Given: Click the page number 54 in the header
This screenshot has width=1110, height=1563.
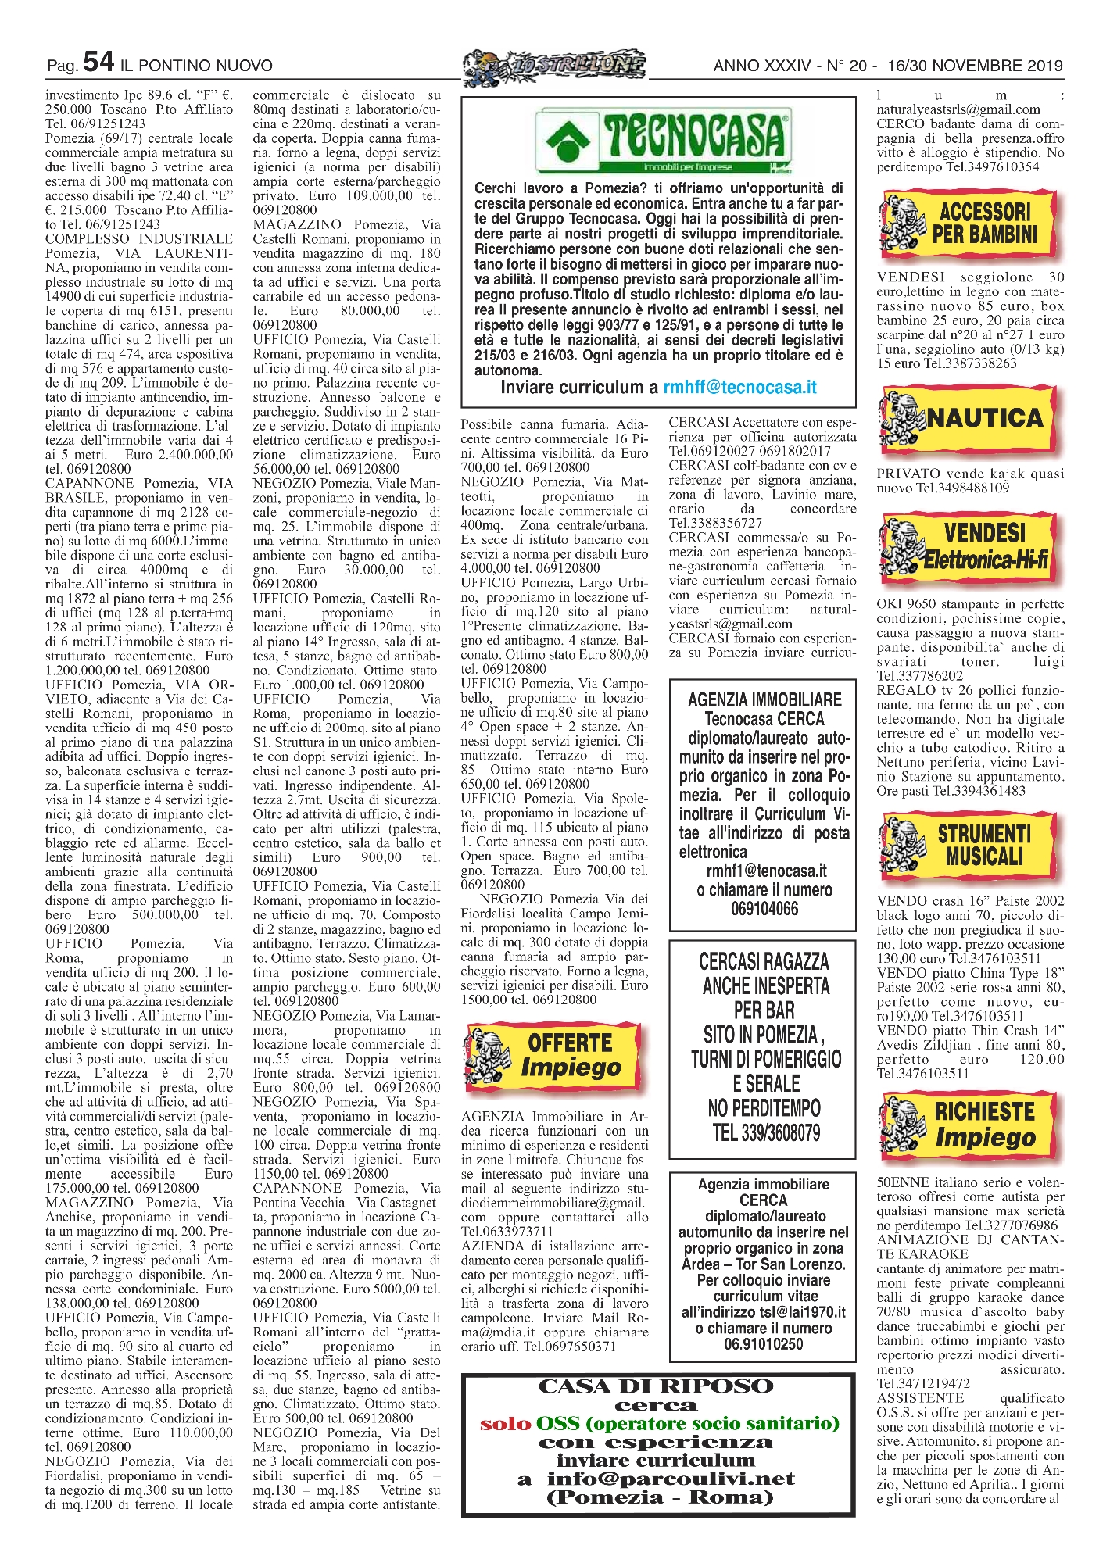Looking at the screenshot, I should (98, 63).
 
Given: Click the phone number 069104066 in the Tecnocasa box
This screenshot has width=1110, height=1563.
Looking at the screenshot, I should (764, 909).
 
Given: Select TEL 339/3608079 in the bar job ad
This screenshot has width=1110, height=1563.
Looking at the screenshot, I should (765, 1132).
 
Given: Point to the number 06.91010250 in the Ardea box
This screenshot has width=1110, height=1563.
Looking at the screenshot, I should (763, 1344).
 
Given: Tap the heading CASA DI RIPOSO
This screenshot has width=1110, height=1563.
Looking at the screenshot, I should (655, 1386).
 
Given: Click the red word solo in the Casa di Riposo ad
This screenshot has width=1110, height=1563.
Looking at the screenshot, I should (505, 1423).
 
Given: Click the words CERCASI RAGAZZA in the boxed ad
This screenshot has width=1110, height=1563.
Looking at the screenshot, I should (764, 962).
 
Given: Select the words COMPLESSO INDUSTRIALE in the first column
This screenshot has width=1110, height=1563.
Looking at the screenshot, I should (139, 239).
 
